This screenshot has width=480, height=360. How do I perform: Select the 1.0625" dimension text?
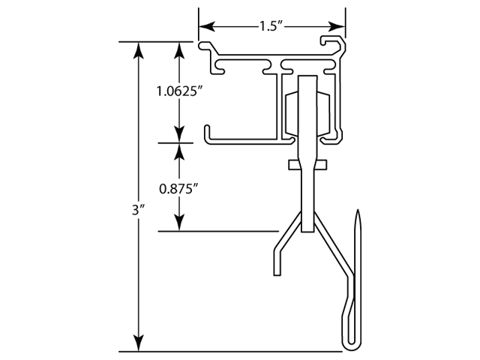(179, 91)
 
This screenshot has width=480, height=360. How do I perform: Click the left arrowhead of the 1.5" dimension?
(204, 26)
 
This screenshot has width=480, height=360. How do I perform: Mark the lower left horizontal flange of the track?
(240, 139)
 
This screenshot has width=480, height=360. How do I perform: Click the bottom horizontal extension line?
(225, 351)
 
